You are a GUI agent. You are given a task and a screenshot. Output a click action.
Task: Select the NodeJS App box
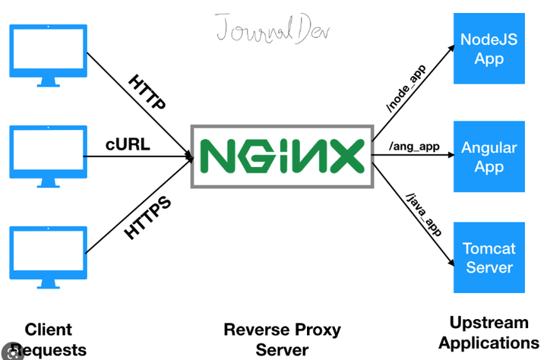click(x=489, y=49)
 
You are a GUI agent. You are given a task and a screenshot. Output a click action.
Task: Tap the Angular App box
click(x=489, y=156)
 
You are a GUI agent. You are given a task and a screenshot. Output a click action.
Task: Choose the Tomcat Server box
click(x=489, y=257)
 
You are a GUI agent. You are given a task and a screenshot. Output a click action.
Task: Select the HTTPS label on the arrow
click(x=148, y=218)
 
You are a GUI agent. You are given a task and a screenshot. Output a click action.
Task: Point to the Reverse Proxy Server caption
click(x=282, y=339)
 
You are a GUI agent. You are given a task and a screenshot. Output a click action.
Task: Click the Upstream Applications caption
click(x=489, y=332)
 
